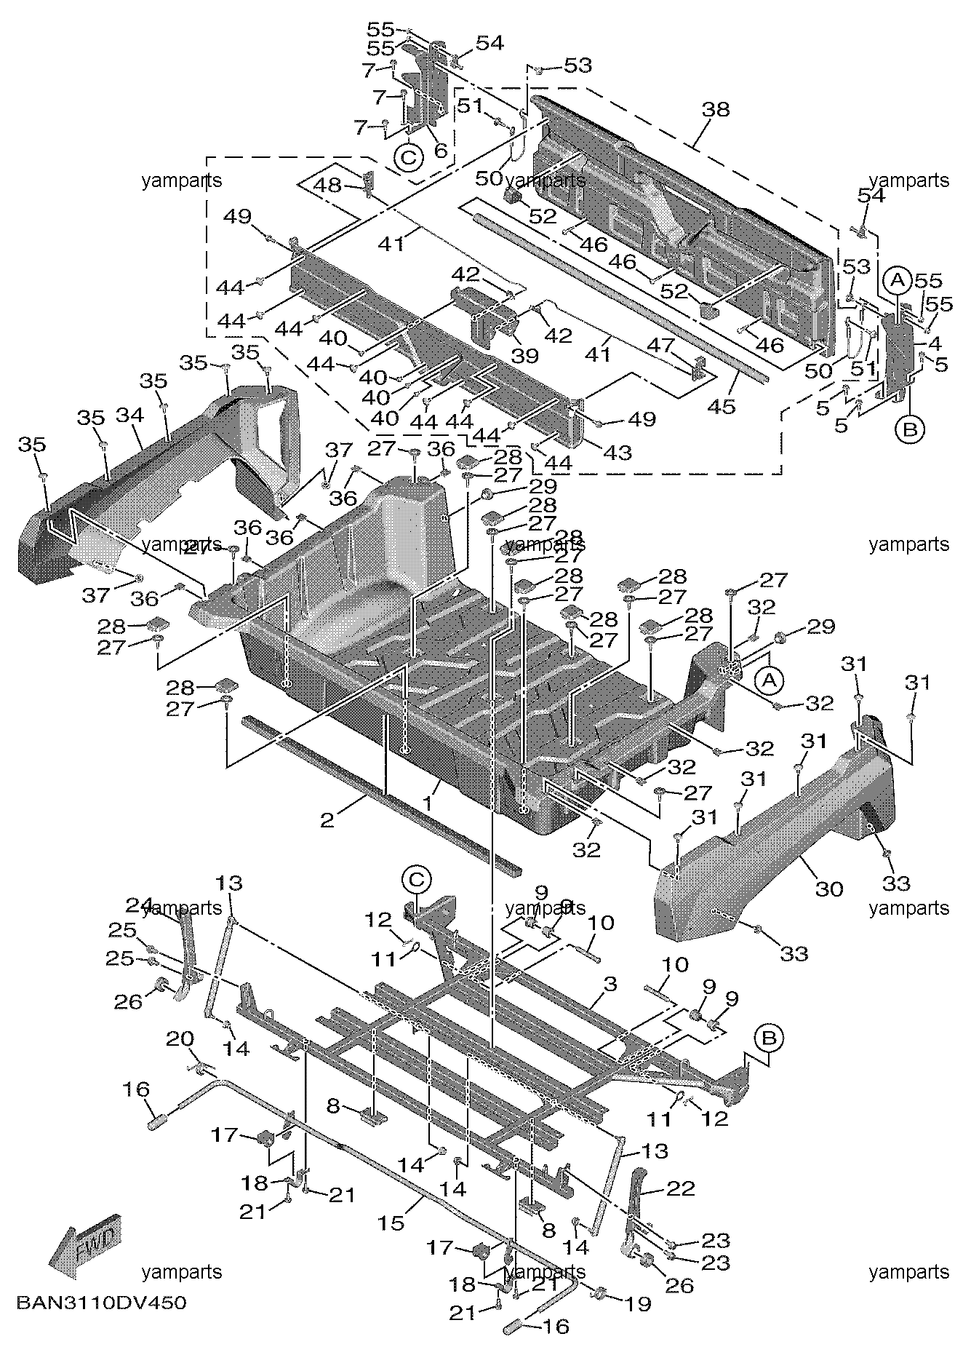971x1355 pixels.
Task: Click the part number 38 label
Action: point(716,110)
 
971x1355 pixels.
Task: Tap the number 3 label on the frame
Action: point(610,985)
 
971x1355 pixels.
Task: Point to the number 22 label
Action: point(681,1188)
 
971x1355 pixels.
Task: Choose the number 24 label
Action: point(140,905)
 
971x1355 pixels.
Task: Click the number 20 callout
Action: point(180,1039)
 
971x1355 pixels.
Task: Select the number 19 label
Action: point(638,1303)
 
